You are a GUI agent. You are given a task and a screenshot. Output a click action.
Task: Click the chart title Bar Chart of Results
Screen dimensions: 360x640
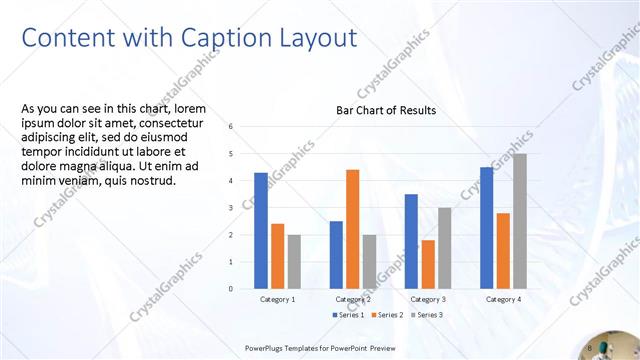[385, 110]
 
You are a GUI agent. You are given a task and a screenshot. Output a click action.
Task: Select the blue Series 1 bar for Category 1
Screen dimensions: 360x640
[261, 230]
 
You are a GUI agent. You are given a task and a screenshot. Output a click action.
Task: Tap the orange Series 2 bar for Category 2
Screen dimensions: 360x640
[352, 229]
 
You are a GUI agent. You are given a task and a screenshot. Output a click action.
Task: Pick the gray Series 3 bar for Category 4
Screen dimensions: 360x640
[519, 221]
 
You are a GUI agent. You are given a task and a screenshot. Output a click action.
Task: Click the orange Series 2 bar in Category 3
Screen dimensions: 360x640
[428, 264]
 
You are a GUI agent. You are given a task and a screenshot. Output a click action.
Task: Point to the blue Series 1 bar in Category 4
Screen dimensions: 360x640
[486, 228]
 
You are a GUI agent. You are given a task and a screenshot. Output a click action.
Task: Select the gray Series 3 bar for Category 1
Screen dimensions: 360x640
[294, 261]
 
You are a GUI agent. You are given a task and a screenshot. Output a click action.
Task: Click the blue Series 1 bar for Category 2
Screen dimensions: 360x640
[336, 254]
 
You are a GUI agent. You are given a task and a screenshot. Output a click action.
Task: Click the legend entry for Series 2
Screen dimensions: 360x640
[388, 315]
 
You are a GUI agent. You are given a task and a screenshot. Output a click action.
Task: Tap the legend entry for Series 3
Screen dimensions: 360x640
[425, 315]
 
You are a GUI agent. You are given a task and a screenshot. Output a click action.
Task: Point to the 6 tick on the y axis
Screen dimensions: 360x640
[230, 127]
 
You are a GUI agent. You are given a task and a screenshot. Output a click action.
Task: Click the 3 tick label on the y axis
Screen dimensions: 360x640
[230, 208]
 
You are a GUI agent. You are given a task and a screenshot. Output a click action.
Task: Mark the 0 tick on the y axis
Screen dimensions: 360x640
[230, 289]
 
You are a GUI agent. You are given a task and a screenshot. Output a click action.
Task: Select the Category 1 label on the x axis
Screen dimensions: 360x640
[277, 299]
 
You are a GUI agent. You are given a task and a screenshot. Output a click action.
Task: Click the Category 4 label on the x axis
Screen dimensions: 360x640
[503, 299]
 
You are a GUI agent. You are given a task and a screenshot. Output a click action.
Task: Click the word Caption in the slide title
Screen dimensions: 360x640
[216, 38]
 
